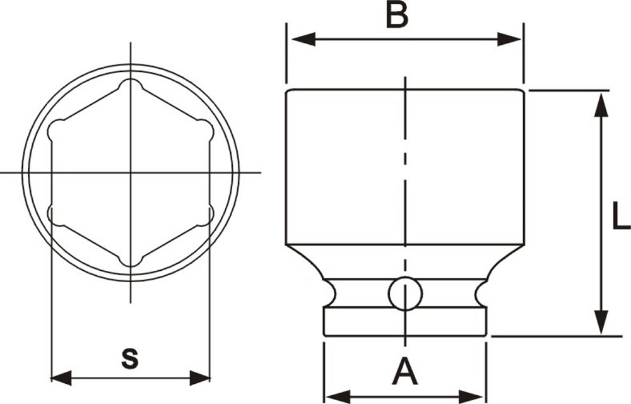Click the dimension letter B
tap(397, 15)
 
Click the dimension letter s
tap(129, 359)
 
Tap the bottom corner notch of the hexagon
tap(131, 259)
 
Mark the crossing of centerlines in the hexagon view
tap(131, 172)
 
